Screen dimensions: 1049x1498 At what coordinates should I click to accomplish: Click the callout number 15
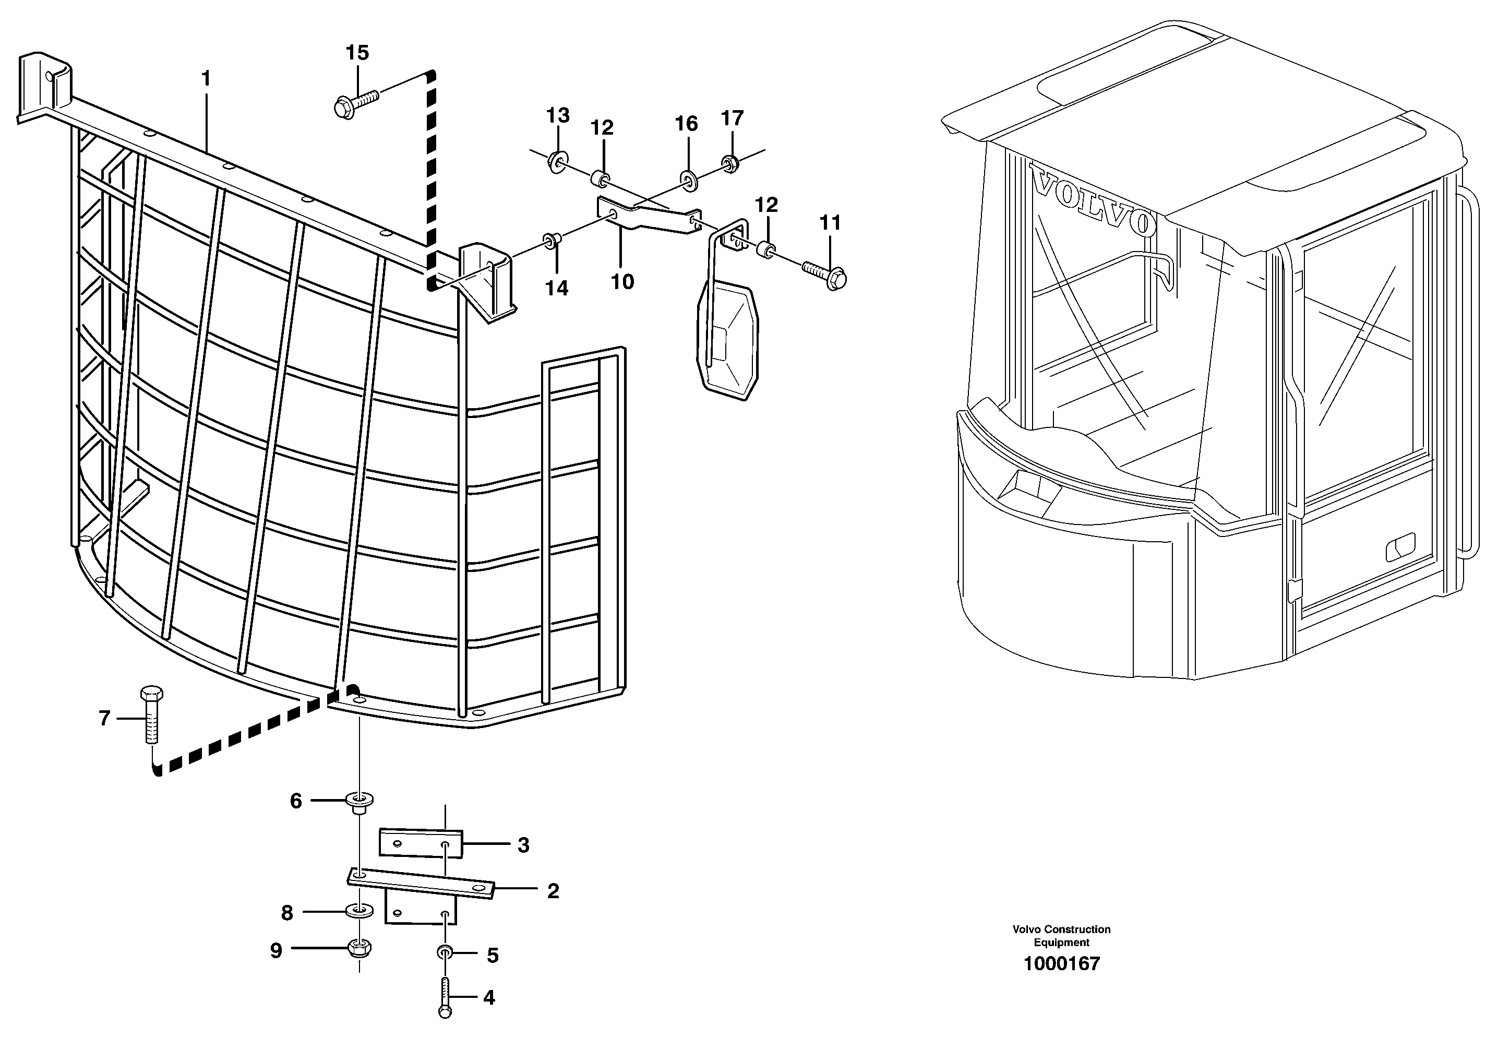357,53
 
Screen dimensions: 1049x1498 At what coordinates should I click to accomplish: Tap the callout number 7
104,719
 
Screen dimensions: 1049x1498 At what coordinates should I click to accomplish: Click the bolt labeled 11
825,274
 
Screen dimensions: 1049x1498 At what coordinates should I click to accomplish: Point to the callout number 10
622,282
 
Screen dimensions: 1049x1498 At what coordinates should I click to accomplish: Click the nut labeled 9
359,948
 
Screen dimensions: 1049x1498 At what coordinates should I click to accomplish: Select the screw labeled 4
445,997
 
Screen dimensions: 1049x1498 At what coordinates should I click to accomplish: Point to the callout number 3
523,845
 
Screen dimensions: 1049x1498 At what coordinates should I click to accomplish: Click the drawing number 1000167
1061,964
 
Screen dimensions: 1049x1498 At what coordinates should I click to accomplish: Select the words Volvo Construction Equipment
1061,935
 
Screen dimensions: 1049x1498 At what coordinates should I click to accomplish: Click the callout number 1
206,79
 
